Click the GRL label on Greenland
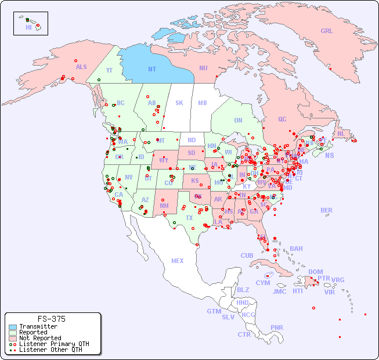pos(327,31)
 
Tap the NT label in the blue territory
pos(152,69)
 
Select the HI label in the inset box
pos(28,27)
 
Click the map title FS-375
pos(52,319)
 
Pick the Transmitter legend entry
pos(38,327)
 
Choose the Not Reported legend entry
pos(39,338)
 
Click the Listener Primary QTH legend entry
pos(53,344)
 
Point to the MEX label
pos(178,261)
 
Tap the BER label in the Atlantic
pos(327,210)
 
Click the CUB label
pos(247,255)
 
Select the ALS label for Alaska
pos(81,67)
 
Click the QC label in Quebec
pos(282,120)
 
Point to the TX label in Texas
pos(189,218)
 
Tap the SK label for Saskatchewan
pos(179,103)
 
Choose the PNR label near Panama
pos(277,327)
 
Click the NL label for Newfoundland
pos(341,134)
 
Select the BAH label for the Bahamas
pos(296,249)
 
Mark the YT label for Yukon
pos(109,70)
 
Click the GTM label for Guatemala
pos(214,311)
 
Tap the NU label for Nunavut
pos(203,69)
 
